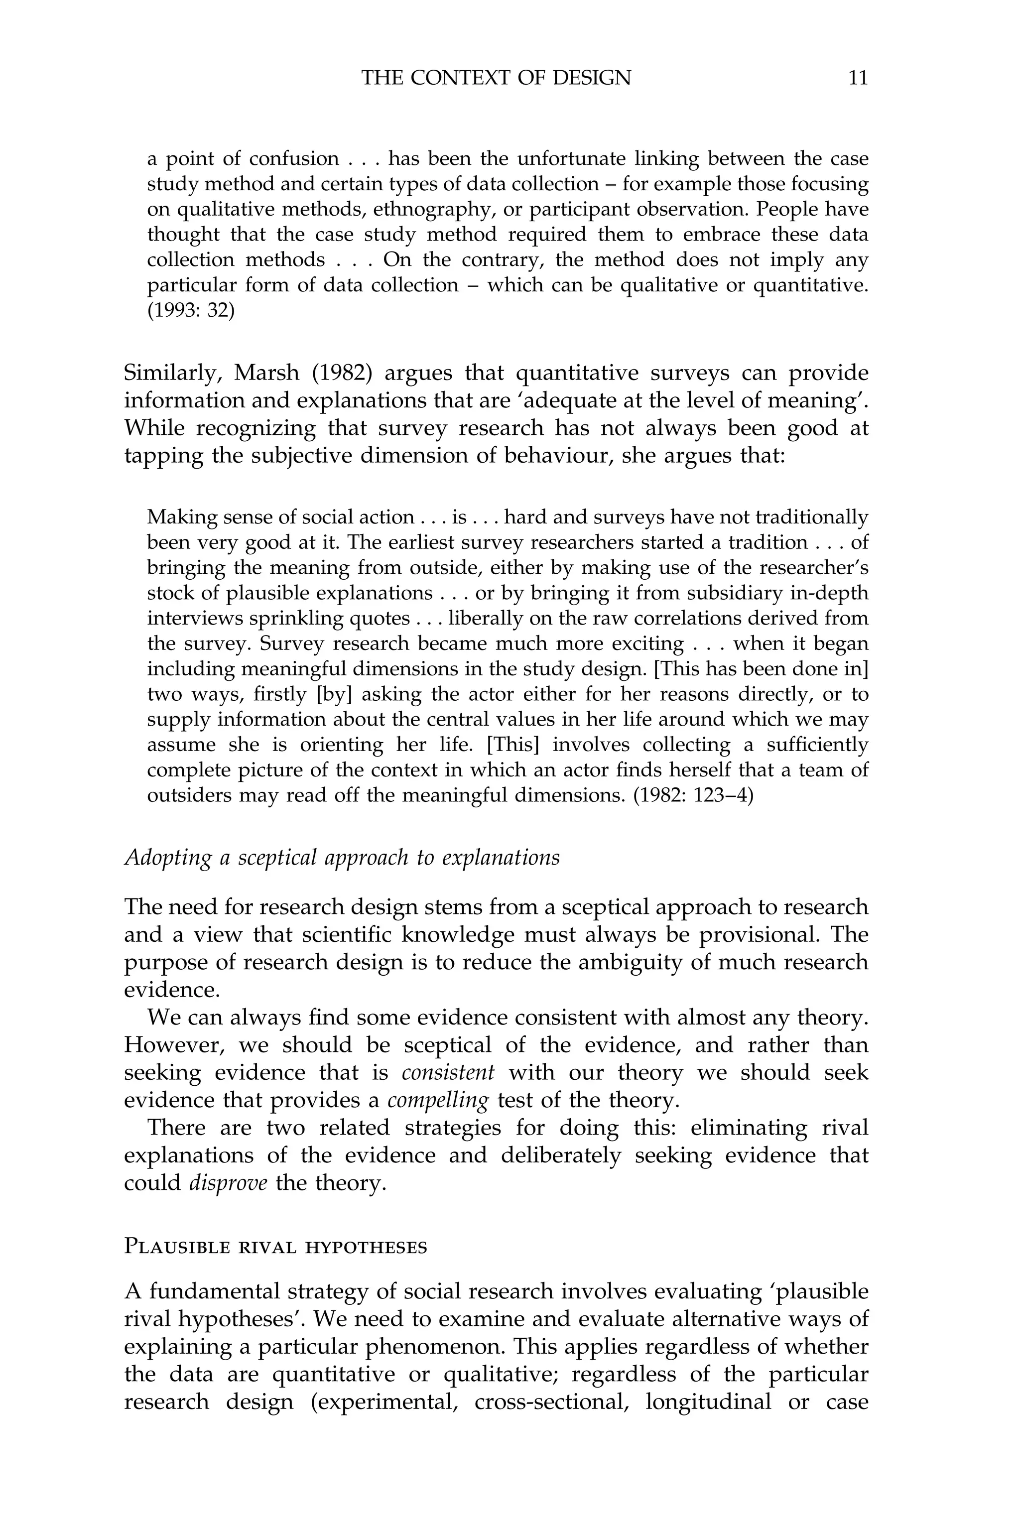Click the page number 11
pos(858,78)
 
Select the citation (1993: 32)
pos(191,311)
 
